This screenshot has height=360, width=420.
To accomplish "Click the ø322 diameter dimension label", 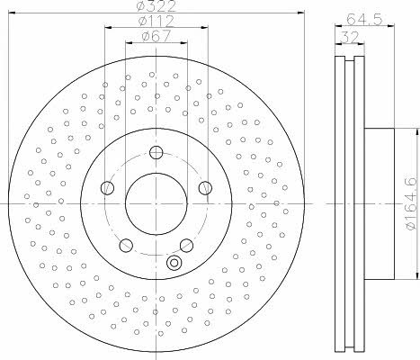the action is (x=156, y=6).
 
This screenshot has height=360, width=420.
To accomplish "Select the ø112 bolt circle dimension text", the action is (x=156, y=21).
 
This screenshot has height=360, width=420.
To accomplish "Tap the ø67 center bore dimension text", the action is (x=156, y=36).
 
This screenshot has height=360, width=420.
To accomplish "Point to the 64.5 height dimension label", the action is (x=364, y=20).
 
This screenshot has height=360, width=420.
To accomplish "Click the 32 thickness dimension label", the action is (x=350, y=38).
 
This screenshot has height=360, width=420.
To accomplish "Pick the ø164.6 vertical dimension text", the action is (x=411, y=204).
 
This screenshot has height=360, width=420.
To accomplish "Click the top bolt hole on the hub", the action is (x=156, y=152).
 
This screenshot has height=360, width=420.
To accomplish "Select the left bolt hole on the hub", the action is (x=107, y=188).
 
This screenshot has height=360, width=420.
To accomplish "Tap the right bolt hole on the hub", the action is (x=205, y=188).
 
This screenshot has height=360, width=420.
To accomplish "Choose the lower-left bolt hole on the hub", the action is (x=126, y=246).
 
